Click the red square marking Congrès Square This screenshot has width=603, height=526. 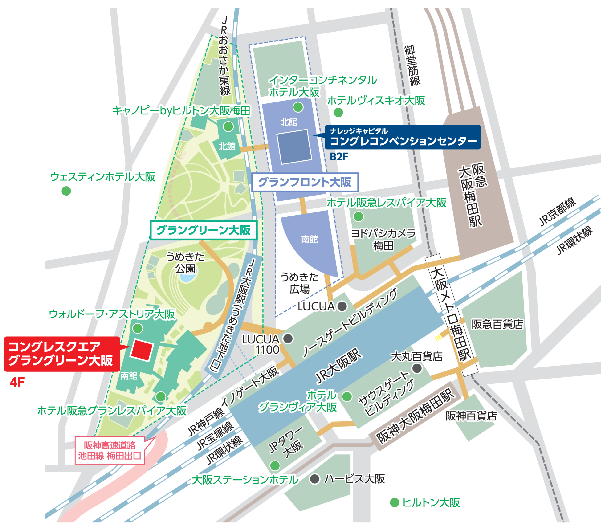(x=142, y=350)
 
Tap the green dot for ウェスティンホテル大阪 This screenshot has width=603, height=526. (x=66, y=191)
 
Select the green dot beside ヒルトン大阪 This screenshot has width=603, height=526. (x=395, y=502)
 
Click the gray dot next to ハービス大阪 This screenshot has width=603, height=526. (x=314, y=479)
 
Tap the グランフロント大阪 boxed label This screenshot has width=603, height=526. (x=305, y=182)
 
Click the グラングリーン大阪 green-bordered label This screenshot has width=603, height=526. (x=204, y=230)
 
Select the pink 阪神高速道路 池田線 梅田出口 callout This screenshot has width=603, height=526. (x=110, y=450)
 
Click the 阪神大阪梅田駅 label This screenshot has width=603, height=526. (x=416, y=416)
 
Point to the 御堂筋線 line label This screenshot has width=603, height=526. (x=412, y=65)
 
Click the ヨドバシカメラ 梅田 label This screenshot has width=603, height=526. (x=383, y=240)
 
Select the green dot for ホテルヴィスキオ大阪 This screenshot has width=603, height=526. (x=338, y=112)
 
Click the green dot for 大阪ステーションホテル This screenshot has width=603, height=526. (x=275, y=465)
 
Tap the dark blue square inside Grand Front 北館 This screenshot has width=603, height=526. (x=294, y=147)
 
